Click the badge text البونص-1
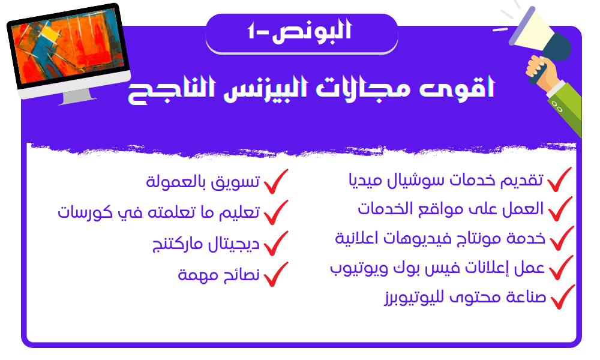[x=299, y=31]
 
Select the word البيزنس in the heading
[x=265, y=87]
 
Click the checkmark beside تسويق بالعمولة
[x=276, y=181]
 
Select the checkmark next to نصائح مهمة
[x=276, y=274]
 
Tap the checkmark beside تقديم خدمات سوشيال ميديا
[x=559, y=179]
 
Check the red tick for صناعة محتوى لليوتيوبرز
[x=563, y=297]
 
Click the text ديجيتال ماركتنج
[x=206, y=244]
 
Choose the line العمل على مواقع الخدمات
[x=451, y=209]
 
